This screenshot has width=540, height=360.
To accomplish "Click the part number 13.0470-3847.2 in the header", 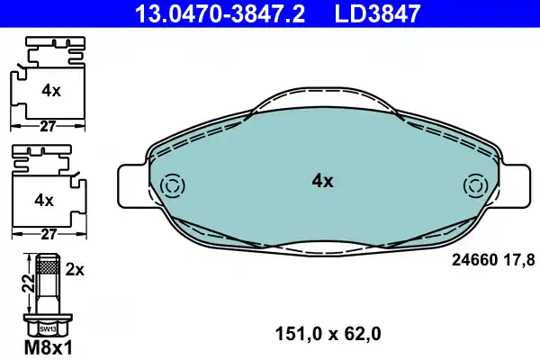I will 208,13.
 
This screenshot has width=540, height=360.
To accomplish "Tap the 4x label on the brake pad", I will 322,181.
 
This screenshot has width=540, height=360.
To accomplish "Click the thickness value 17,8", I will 521,259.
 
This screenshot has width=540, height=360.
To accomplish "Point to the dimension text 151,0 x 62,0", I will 326,334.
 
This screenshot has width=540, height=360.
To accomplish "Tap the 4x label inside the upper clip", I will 50,90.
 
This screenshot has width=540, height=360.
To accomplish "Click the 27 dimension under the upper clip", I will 50,128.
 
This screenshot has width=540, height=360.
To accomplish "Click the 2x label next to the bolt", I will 76,269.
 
